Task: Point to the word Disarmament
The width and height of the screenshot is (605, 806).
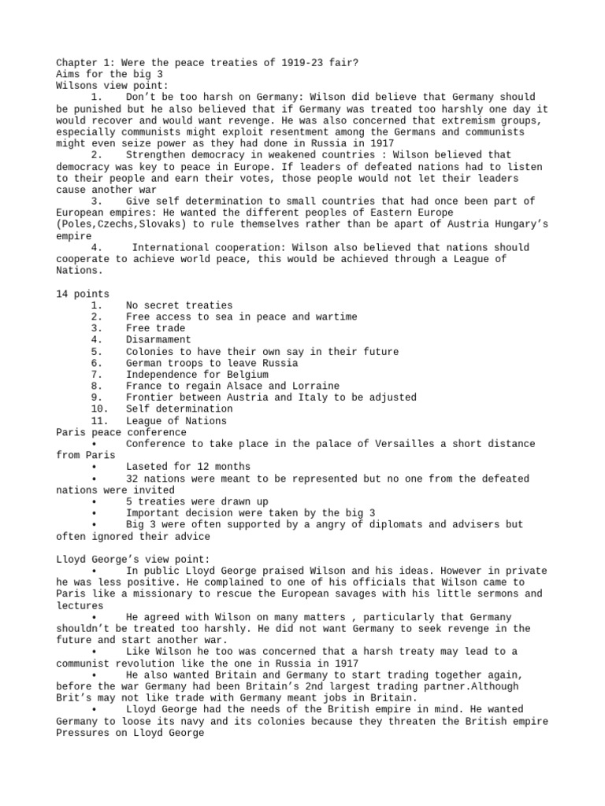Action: point(158,340)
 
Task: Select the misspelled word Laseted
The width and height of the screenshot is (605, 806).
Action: point(146,467)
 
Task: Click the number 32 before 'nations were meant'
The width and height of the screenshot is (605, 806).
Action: point(132,479)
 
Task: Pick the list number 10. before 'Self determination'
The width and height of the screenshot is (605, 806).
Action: point(99,409)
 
